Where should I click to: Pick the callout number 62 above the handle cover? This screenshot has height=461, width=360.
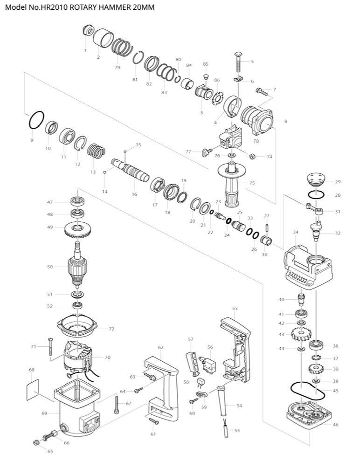click(161, 347)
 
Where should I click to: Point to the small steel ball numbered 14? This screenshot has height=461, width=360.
click(106, 172)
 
